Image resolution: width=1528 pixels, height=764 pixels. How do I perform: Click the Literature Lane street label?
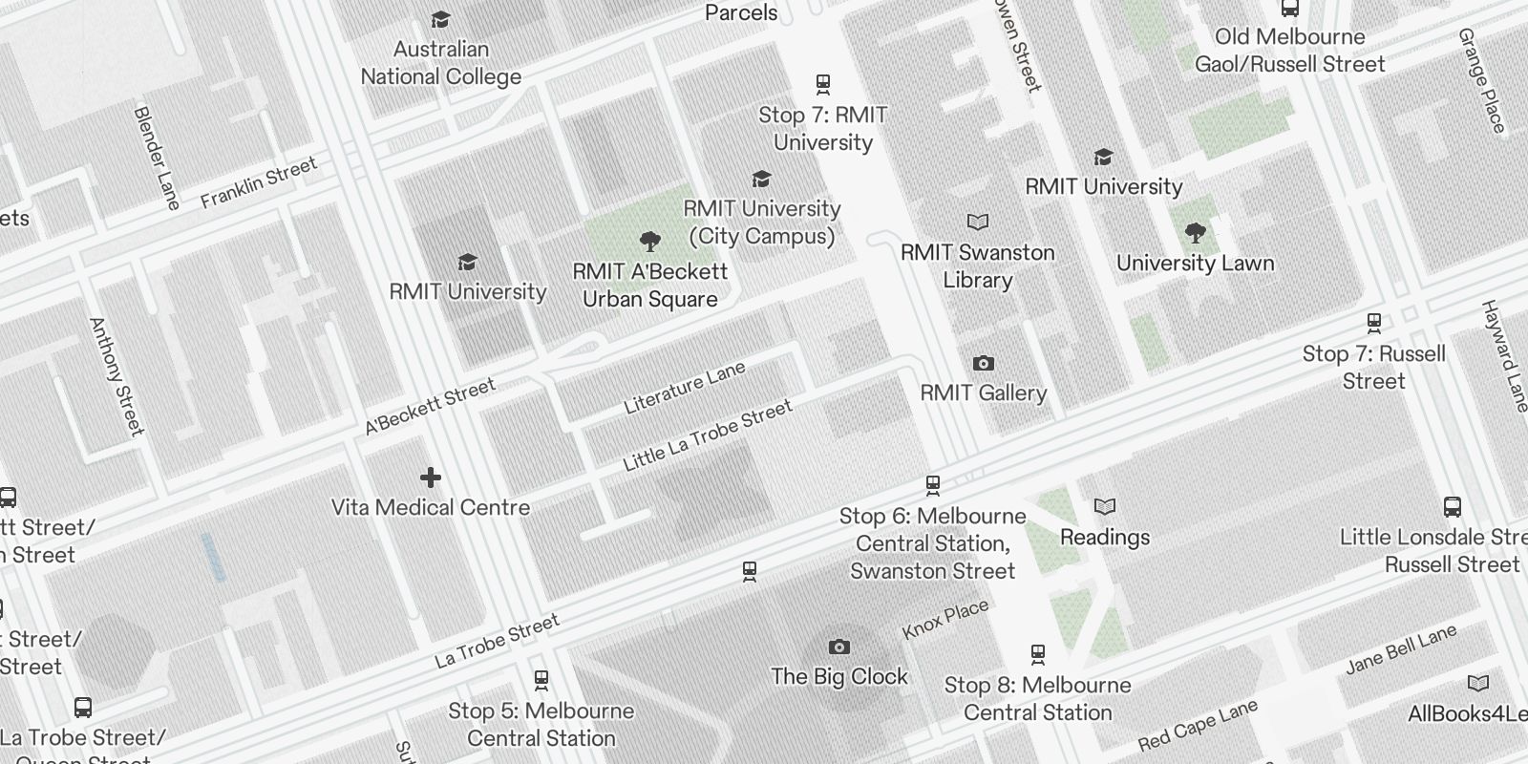point(684,388)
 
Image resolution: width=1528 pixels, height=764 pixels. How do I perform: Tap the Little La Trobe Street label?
point(708,435)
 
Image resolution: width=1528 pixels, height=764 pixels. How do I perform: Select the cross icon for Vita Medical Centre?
point(431,477)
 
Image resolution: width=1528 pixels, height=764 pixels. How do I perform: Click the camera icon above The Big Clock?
point(838,647)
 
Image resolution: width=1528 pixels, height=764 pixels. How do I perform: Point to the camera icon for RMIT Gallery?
point(983,364)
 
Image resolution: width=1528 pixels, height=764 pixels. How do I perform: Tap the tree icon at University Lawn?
point(1195,232)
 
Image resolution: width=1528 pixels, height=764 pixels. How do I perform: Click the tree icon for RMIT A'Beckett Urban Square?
point(650,241)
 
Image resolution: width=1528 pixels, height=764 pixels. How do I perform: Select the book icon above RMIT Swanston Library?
point(978,223)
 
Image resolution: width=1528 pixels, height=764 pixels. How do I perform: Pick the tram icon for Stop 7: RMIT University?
point(822,85)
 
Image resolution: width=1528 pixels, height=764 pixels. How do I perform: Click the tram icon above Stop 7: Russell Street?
point(1373,324)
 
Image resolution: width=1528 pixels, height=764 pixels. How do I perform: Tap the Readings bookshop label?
point(1105,537)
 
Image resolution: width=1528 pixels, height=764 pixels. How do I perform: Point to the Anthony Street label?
point(117,376)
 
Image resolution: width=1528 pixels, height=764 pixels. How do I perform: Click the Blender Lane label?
point(157,158)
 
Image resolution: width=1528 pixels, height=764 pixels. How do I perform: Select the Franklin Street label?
point(258,183)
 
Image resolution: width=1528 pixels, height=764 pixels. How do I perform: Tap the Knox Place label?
point(945,621)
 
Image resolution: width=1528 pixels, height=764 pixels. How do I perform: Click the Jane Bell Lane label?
point(1401,649)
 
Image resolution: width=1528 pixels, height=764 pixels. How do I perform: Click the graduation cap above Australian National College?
point(440,20)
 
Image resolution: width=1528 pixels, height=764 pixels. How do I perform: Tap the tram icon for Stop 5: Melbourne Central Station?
point(541,681)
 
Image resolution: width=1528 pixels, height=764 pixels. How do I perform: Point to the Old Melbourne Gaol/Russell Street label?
point(1289,51)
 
